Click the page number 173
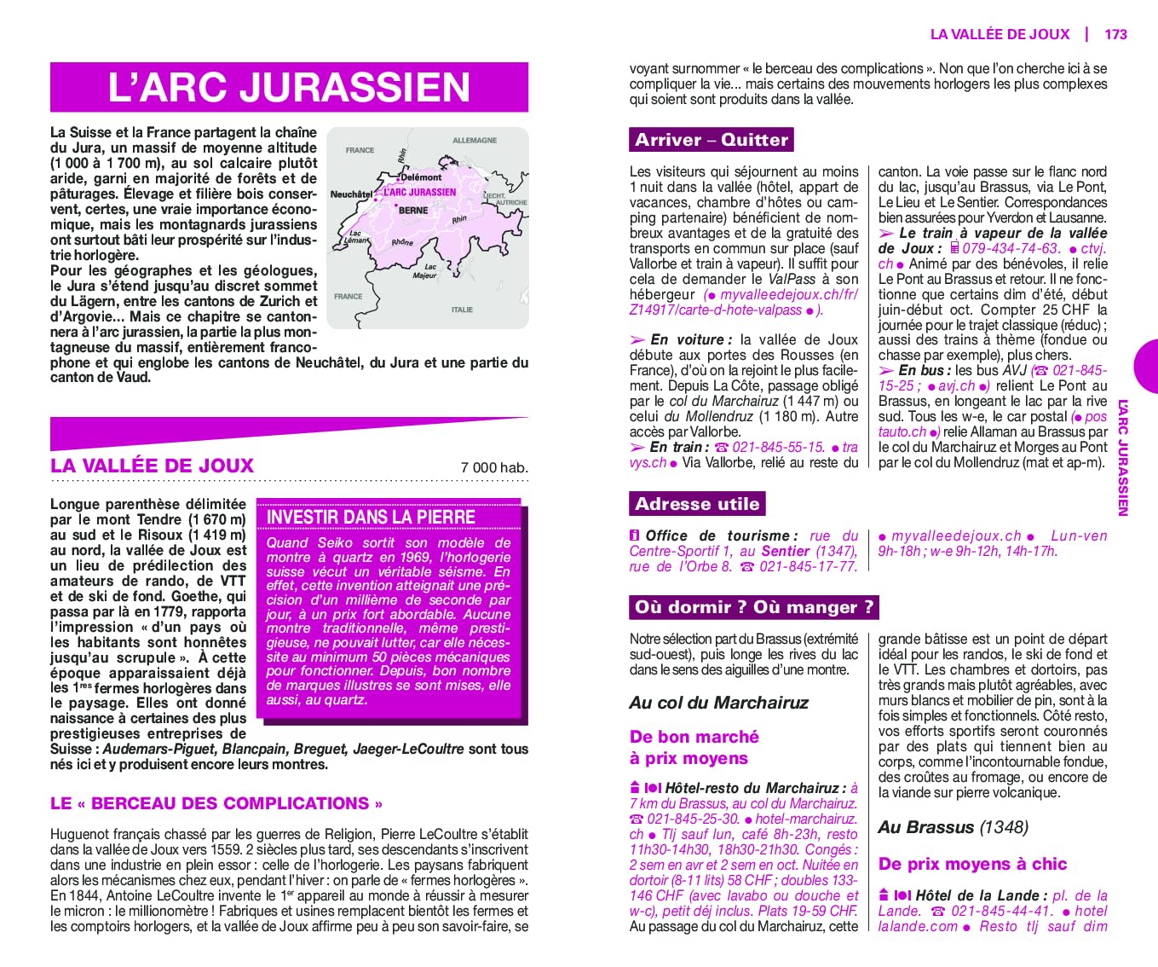point(1115,34)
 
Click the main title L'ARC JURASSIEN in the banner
point(289,87)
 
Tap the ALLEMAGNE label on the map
point(475,140)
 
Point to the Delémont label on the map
point(421,177)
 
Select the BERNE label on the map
point(413,210)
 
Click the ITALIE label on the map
point(462,310)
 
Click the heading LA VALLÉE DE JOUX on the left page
point(152,466)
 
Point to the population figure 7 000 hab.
point(494,467)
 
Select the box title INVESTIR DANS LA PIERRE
point(371,517)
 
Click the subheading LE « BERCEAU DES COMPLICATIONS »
point(216,803)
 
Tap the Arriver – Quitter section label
point(712,140)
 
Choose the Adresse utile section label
point(697,504)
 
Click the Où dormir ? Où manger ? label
point(754,607)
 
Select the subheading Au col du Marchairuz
point(718,703)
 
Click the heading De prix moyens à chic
point(972,864)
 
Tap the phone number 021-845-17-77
point(808,566)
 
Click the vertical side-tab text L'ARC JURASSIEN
point(1122,457)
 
